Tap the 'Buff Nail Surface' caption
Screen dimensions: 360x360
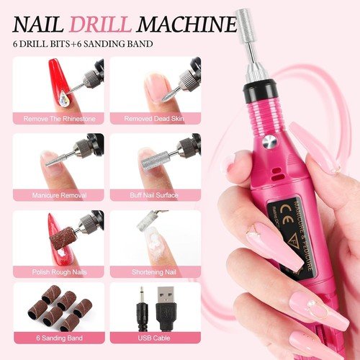(x=154, y=194)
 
